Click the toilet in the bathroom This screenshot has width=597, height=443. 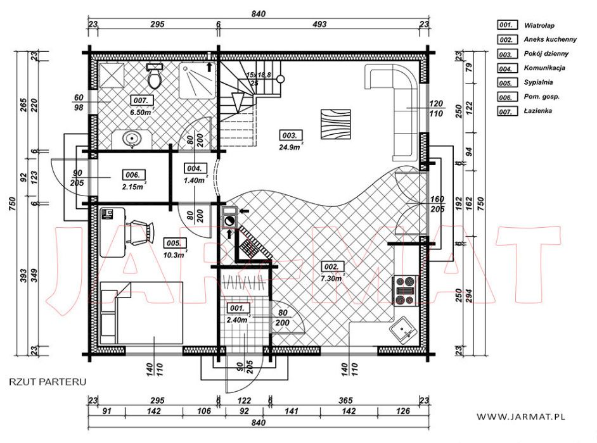(x=155, y=76)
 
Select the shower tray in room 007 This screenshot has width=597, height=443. (x=197, y=80)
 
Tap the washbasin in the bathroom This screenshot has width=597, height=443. (x=132, y=139)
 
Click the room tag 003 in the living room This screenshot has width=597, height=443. (x=292, y=135)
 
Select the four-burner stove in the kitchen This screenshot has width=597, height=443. (x=405, y=291)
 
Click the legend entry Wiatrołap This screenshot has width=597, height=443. (x=539, y=26)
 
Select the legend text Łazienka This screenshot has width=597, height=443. (x=538, y=111)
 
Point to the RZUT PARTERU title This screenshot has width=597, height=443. (x=48, y=382)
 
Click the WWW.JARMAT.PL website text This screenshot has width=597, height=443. (x=520, y=417)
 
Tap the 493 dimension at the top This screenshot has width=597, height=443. (x=320, y=24)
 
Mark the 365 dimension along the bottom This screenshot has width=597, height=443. (x=345, y=401)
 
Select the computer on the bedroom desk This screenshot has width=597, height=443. (x=107, y=213)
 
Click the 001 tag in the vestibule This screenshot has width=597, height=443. (x=238, y=308)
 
